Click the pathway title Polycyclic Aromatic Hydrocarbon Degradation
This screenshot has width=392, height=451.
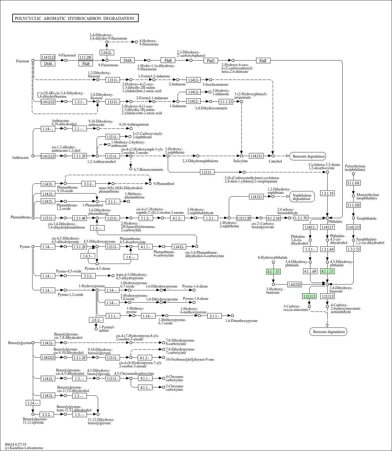pyautogui.click(x=75, y=18)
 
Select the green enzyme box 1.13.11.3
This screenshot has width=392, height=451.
pyautogui.click(x=309, y=296)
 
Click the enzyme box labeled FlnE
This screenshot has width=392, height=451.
pyautogui.click(x=263, y=61)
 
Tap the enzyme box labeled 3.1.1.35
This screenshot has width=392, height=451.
pyautogui.click(x=226, y=102)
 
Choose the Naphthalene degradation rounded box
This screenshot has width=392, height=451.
pyautogui.click(x=302, y=197)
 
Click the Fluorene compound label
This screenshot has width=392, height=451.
pyautogui.click(x=23, y=61)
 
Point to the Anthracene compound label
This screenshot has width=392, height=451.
pyautogui.click(x=20, y=158)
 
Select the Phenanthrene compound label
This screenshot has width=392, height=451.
pyautogui.click(x=21, y=217)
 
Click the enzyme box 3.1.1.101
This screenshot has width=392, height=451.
pyautogui.click(x=353, y=183)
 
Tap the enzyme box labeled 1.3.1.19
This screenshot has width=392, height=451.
pyautogui.click(x=327, y=193)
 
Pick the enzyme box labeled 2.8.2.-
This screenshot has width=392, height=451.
pyautogui.click(x=96, y=320)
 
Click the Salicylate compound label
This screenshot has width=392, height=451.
pyautogui.click(x=240, y=161)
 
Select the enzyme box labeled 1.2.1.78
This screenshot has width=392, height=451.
pyautogui.click(x=301, y=218)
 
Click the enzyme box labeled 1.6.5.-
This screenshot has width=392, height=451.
pyautogui.click(x=88, y=256)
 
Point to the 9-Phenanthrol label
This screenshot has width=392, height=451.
pyautogui.click(x=164, y=184)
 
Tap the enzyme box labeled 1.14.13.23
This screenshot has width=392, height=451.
pyautogui.click(x=294, y=284)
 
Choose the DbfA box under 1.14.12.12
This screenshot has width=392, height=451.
pyautogui.click(x=48, y=64)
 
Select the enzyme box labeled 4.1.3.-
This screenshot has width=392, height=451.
pyautogui.click(x=145, y=358)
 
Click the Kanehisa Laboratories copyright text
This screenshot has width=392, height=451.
pyautogui.click(x=24, y=448)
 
